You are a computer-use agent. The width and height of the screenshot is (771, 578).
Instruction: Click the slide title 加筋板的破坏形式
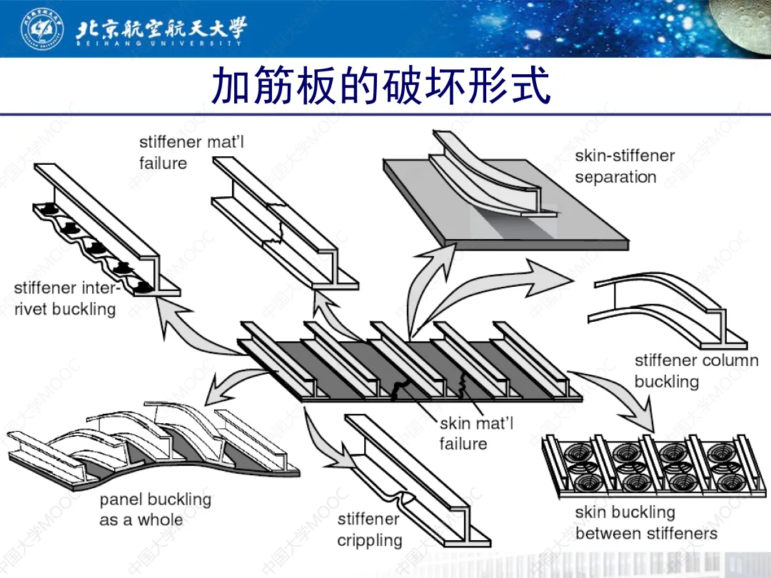381,87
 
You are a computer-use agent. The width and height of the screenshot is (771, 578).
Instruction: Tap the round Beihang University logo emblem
40,28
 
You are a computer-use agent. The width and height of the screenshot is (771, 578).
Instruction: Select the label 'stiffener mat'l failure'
191,152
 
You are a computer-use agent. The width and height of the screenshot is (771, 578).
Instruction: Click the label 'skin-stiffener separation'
624,166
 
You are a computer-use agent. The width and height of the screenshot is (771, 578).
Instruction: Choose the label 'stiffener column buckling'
695,370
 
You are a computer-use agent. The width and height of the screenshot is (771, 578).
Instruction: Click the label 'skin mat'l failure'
475,433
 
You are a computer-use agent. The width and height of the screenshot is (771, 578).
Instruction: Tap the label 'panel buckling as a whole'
155,509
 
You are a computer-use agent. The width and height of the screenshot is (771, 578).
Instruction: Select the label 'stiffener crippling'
369,529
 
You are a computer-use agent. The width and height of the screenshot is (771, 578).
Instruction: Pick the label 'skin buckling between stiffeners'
645,522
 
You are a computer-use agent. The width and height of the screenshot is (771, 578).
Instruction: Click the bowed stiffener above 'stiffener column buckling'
664,307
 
